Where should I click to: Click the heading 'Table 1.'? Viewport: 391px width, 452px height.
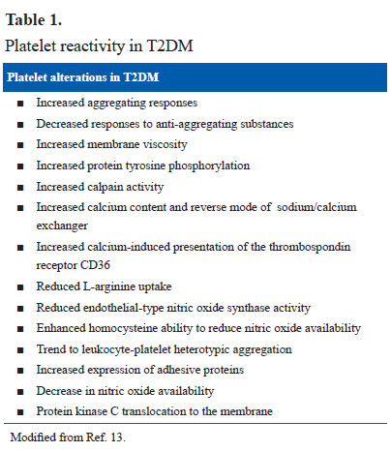[34, 20]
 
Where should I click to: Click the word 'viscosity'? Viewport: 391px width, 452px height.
[165, 144]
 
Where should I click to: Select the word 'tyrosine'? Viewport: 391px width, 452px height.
[145, 166]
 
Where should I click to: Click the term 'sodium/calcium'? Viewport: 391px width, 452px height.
[316, 207]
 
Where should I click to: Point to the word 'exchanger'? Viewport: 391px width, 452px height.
[62, 226]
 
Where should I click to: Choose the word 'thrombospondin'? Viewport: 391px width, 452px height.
[310, 247]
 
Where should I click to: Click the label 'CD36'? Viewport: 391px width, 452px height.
[95, 265]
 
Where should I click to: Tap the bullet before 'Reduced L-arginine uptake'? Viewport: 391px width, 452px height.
[20, 287]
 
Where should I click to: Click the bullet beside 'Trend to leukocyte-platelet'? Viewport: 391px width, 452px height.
[20, 350]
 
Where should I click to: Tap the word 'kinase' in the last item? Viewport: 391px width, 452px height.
[91, 411]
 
